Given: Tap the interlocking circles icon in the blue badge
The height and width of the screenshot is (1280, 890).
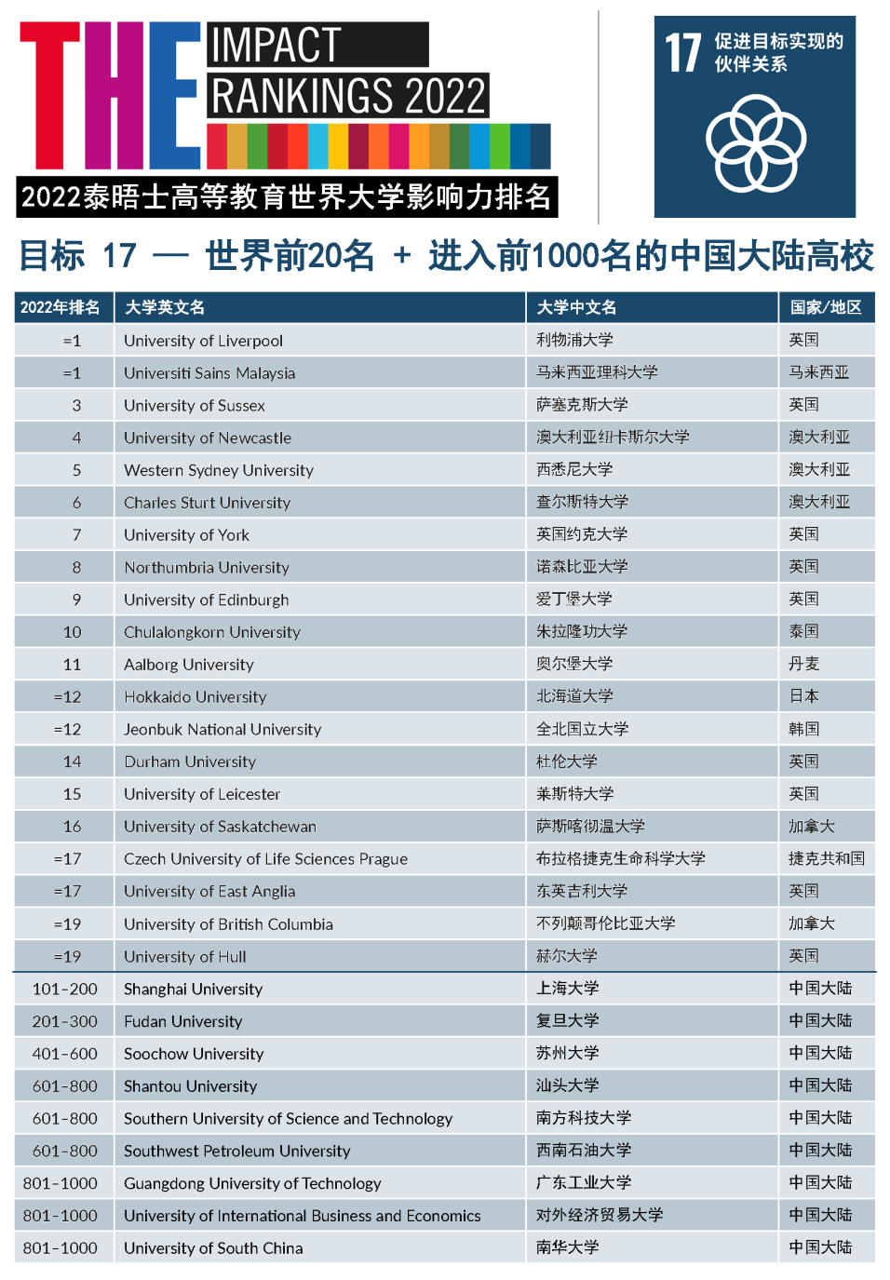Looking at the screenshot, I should (x=755, y=144).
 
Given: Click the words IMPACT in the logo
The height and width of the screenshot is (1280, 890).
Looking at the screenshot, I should (x=276, y=45).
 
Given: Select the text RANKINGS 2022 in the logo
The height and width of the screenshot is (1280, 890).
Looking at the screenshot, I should (x=348, y=96).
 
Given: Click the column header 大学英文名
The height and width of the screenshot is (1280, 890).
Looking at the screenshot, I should (x=165, y=307).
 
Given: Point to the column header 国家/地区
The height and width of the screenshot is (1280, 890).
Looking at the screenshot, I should (x=826, y=307).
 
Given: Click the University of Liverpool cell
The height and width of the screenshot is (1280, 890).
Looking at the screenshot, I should (x=203, y=341).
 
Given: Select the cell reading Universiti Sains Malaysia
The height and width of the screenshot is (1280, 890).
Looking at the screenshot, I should (x=209, y=373).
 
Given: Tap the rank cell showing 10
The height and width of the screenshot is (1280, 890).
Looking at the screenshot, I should (x=73, y=632).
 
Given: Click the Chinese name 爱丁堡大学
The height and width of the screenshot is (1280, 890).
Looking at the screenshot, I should (x=574, y=600).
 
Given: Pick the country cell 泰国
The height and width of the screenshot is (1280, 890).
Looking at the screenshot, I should (x=803, y=632).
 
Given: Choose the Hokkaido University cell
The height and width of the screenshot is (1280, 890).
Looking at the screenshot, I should (x=195, y=696).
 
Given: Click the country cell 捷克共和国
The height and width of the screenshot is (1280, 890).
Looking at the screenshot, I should (x=826, y=858).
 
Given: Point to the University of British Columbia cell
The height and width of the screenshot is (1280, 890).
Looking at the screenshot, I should (x=228, y=924).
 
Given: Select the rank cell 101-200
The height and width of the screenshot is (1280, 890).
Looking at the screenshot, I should (x=64, y=989).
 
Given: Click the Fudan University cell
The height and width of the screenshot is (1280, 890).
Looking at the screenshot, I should (x=182, y=1021).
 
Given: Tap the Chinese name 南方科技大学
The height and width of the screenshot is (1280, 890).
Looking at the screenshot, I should (x=584, y=1118).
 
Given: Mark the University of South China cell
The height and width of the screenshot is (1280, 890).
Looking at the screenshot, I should (x=213, y=1248).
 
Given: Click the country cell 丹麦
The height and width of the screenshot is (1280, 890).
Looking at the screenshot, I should (x=803, y=665).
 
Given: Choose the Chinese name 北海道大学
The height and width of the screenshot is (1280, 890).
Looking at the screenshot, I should (x=574, y=696).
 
